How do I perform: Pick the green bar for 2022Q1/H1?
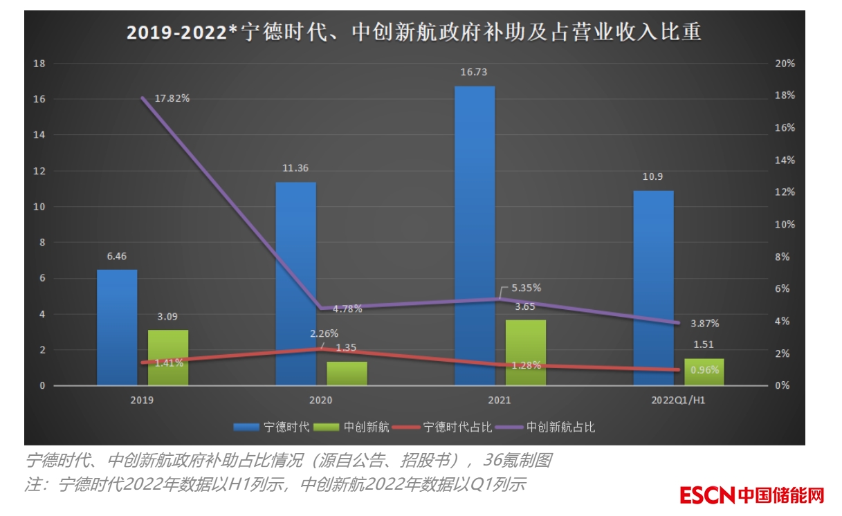click(x=704, y=372)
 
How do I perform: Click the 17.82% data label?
click(x=172, y=98)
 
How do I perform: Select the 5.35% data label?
click(x=526, y=288)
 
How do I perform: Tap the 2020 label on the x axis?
click(x=321, y=400)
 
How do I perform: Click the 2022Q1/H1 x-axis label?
click(x=678, y=400)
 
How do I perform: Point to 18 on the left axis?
click(x=39, y=64)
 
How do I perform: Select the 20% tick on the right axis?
click(x=785, y=64)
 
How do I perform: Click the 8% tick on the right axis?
click(x=782, y=257)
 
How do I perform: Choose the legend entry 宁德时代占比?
click(x=457, y=427)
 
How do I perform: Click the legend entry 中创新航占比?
click(x=560, y=427)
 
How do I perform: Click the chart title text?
click(x=413, y=32)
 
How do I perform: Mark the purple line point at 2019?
click(x=143, y=98)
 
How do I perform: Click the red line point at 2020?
click(x=322, y=349)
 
